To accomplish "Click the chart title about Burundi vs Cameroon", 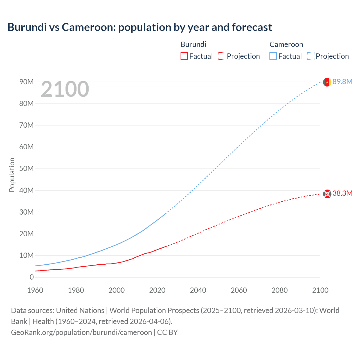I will coord(139,27).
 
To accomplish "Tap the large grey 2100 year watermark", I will coord(65,89).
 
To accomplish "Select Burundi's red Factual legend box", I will coord(184,56).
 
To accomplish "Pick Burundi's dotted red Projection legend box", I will coord(222,56).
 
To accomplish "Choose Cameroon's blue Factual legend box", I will coord(273,56).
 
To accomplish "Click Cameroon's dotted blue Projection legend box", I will coord(310,56).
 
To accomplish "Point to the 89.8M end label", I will coord(342,82).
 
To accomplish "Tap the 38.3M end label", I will coord(342,193).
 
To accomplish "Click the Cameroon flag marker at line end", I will coord(327,82).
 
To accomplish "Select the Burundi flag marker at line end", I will coord(327,194).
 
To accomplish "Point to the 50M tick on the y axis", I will coord(26,168).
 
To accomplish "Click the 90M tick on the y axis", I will coord(26,82).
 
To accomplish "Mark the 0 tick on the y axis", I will coord(31,277).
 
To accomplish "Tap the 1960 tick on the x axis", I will coord(35,290).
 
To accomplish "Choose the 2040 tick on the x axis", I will coord(198,290).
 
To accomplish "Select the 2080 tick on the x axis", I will coord(280,290).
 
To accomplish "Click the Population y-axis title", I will coord(12,175).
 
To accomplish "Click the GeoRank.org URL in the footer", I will coord(81,332).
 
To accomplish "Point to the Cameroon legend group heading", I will coord(286,44).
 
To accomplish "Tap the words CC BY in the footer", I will coord(167,332).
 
